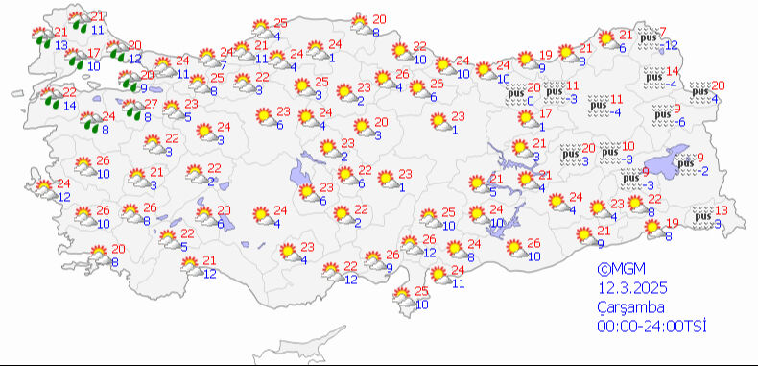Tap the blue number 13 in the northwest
tap(61, 45)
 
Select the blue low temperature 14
tap(71, 105)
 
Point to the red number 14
tap(673, 72)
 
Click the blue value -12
tap(671, 45)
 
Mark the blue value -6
tap(680, 122)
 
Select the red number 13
tap(722, 210)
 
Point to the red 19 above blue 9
tap(545, 55)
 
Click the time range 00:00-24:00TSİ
tap(651, 328)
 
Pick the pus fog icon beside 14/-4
tap(653, 77)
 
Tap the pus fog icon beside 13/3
tap(702, 216)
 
